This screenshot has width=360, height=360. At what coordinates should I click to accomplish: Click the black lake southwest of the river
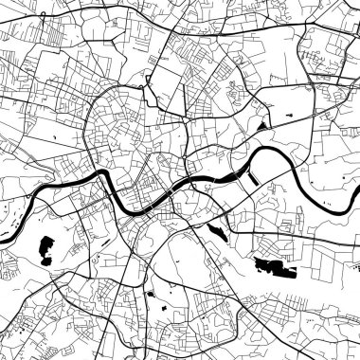click(x=45, y=248)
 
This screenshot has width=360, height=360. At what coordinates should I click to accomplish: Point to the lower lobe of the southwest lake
click(x=44, y=258)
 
